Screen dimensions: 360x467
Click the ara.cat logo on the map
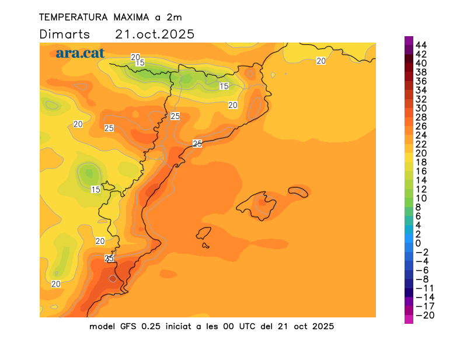pos(80,53)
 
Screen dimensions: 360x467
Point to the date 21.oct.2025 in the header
pos(155,34)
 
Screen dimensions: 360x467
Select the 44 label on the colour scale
pos(421,45)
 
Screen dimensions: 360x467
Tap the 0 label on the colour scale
pos(418,243)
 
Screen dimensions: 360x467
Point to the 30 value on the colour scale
pos(421,108)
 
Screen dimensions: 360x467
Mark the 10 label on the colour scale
pos(421,198)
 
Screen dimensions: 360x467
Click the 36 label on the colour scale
pos(421,81)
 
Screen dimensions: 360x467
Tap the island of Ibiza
pos(204,233)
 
